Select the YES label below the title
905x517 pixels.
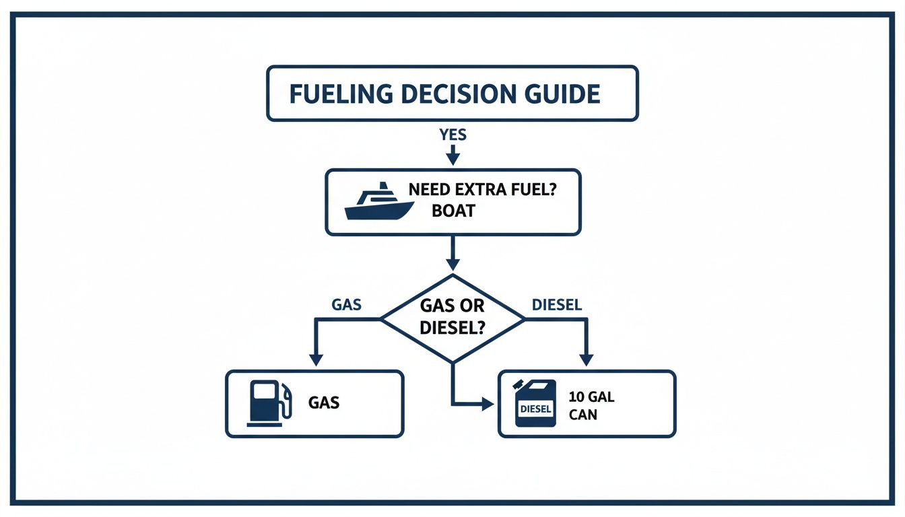(452, 135)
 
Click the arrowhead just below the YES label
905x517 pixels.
(452, 159)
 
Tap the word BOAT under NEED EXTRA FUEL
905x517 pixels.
(454, 211)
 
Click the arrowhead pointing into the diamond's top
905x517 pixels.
(452, 265)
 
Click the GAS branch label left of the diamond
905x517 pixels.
(347, 304)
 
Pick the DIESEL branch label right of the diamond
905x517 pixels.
(557, 304)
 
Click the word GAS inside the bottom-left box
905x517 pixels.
(324, 403)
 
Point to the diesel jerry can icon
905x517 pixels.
(535, 403)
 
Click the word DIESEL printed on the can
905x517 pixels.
(535, 409)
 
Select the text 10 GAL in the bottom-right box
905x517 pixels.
(591, 397)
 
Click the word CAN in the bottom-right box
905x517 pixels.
(582, 415)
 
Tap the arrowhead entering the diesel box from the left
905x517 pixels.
(488, 404)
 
